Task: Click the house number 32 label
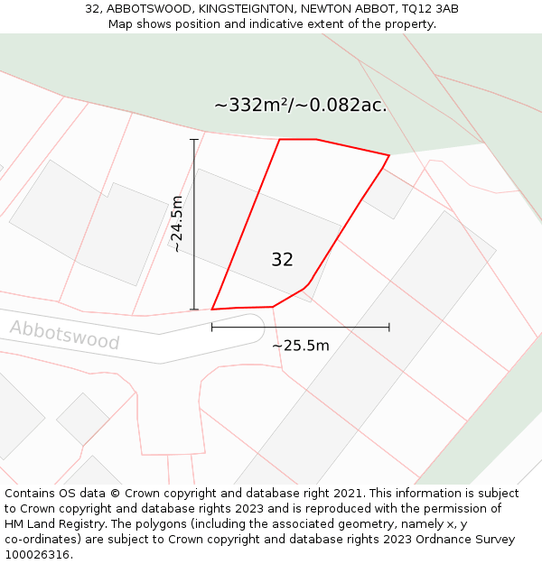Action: click(x=282, y=260)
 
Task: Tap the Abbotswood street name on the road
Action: click(x=65, y=334)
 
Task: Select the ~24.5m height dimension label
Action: click(x=177, y=224)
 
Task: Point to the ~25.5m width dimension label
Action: click(x=301, y=346)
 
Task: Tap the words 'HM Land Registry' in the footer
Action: click(x=52, y=524)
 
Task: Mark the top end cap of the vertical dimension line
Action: click(x=194, y=140)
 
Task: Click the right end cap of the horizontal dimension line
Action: click(x=389, y=328)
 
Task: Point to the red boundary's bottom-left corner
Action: click(x=212, y=310)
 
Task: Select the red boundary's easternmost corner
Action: click(x=388, y=155)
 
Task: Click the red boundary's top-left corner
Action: click(x=280, y=140)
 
